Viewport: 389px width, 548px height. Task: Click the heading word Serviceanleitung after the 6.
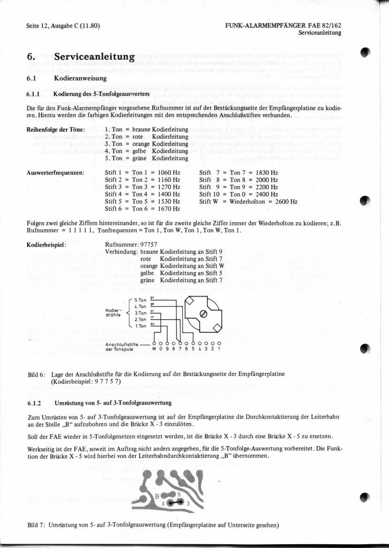point(95,57)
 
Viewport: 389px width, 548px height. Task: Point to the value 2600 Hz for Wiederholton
point(287,202)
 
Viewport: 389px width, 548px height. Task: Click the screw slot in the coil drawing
point(203,314)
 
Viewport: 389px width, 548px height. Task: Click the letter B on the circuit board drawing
point(157,496)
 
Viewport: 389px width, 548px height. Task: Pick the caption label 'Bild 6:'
point(36,374)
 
